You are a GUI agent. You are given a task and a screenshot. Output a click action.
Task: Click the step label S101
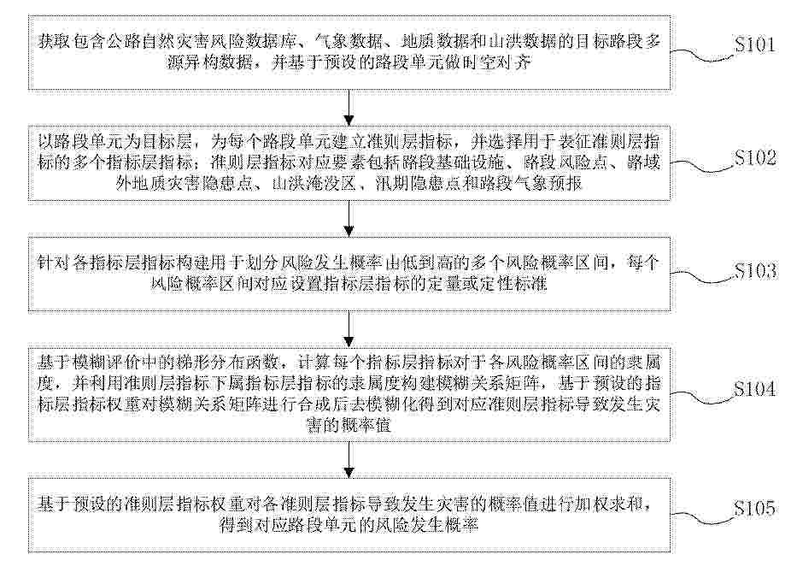pyautogui.click(x=755, y=45)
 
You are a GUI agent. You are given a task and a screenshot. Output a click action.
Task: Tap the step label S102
pyautogui.click(x=755, y=158)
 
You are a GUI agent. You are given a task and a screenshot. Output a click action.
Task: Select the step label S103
pyautogui.click(x=755, y=272)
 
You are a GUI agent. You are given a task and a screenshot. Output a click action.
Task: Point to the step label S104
pyautogui.click(x=755, y=389)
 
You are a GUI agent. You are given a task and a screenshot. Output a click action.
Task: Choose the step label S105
pyautogui.click(x=755, y=509)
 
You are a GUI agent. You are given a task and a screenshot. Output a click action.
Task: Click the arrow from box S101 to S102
pyautogui.click(x=349, y=108)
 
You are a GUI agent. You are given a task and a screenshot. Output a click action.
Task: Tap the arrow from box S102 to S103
pyautogui.click(x=349, y=219)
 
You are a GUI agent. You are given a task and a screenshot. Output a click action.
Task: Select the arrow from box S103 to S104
pyautogui.click(x=349, y=329)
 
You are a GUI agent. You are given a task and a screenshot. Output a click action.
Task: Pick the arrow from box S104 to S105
pyautogui.click(x=349, y=460)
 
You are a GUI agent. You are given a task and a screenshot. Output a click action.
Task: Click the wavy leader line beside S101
pyautogui.click(x=702, y=55)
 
